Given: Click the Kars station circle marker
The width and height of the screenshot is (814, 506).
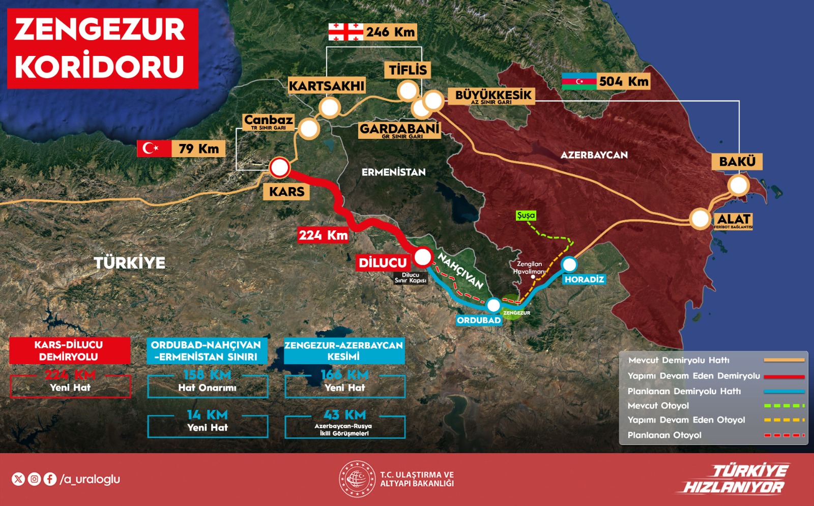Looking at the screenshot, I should (279, 167).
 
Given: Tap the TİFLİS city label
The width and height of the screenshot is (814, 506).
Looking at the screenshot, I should (408, 70).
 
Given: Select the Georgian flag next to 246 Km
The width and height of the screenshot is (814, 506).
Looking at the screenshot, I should (345, 32).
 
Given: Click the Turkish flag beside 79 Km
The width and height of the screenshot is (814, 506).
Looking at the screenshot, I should (154, 148).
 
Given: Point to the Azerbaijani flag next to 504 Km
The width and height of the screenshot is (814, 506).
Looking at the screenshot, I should (578, 81).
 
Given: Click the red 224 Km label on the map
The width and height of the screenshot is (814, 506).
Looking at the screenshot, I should (323, 235).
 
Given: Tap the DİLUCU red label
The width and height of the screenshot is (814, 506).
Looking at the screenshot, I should (383, 262).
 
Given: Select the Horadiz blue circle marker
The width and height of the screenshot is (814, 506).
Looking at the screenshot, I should (569, 264).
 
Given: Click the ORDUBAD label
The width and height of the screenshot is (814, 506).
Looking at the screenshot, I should (479, 320).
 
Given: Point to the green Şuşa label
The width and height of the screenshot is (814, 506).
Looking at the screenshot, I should (526, 215).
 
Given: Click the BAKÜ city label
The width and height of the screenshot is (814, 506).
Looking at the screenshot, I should (737, 162).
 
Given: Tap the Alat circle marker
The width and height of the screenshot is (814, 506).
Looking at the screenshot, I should (700, 219).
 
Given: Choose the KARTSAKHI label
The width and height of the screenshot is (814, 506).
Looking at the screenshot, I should (327, 85).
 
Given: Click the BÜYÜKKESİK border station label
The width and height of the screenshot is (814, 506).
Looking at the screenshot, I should (492, 95).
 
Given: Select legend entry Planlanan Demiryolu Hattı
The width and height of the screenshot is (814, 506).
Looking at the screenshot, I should (684, 391).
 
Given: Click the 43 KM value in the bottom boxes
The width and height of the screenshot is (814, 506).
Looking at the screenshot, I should (344, 415).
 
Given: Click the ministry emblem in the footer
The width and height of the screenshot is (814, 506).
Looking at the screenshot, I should (357, 479).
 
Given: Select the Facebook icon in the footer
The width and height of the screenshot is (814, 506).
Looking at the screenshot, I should (50, 479).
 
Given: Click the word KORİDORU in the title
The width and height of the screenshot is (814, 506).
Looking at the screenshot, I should (99, 67).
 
